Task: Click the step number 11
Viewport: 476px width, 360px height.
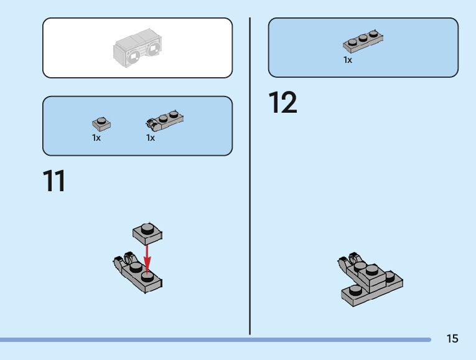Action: (x=54, y=181)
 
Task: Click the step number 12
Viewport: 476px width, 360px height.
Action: (x=282, y=103)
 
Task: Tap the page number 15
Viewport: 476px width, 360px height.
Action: (x=452, y=339)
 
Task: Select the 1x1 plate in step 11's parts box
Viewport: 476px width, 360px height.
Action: (x=100, y=123)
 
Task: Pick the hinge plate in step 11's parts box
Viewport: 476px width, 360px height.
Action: (x=164, y=119)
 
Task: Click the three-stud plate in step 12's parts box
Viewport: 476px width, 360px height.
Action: (x=363, y=41)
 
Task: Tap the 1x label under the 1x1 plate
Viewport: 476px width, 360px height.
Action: (x=96, y=138)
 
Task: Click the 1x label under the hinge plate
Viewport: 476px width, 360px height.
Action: (x=151, y=138)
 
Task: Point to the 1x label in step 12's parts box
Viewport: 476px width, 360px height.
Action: (x=348, y=60)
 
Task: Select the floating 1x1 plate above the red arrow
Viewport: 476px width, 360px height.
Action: (x=147, y=232)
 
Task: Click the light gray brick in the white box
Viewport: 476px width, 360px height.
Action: (x=138, y=49)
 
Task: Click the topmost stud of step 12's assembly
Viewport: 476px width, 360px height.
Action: (x=371, y=270)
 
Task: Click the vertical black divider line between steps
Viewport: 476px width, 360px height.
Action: (x=250, y=174)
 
